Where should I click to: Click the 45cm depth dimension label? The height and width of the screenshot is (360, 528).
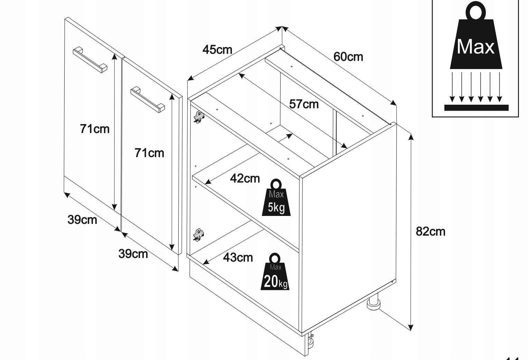coord(217,50)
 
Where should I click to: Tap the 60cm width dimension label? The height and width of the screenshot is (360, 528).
coord(348,56)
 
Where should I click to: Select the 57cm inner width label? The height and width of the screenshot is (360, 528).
coord(304,104)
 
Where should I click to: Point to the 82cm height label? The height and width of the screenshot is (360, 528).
coord(430,231)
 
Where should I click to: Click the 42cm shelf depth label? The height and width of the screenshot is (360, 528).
coord(245,178)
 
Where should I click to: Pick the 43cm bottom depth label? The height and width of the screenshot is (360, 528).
coord(238,257)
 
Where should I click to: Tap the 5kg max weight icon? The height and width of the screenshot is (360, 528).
coord(276,198)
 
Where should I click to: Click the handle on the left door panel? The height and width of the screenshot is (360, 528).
coord(90,59)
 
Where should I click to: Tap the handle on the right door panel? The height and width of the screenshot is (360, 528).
coord(148,100)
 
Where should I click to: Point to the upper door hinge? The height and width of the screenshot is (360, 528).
coord(199,117)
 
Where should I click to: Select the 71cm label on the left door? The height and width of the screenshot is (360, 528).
coord(94,129)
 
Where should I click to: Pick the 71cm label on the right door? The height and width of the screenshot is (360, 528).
coord(149,153)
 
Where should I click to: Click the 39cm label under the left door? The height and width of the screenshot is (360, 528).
coord(82,219)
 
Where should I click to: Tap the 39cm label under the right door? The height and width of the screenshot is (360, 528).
coord(133,254)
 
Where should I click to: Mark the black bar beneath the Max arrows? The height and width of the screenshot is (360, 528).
coord(476,107)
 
